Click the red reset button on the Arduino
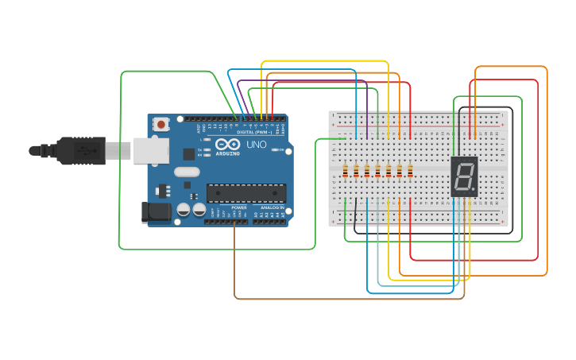point(162,124)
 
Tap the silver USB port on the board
point(145,149)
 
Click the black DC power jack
point(156,211)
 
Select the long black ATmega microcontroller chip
point(245,193)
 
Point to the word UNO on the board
point(257,145)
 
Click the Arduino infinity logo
point(227,145)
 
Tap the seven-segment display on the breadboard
point(464,176)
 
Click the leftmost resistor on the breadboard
point(346,171)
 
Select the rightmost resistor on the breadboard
point(410,171)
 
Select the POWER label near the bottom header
point(239,207)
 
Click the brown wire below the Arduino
point(350,299)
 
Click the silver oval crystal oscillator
point(187,172)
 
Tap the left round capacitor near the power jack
point(184,210)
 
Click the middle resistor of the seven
point(377,171)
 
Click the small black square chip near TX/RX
point(189,153)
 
